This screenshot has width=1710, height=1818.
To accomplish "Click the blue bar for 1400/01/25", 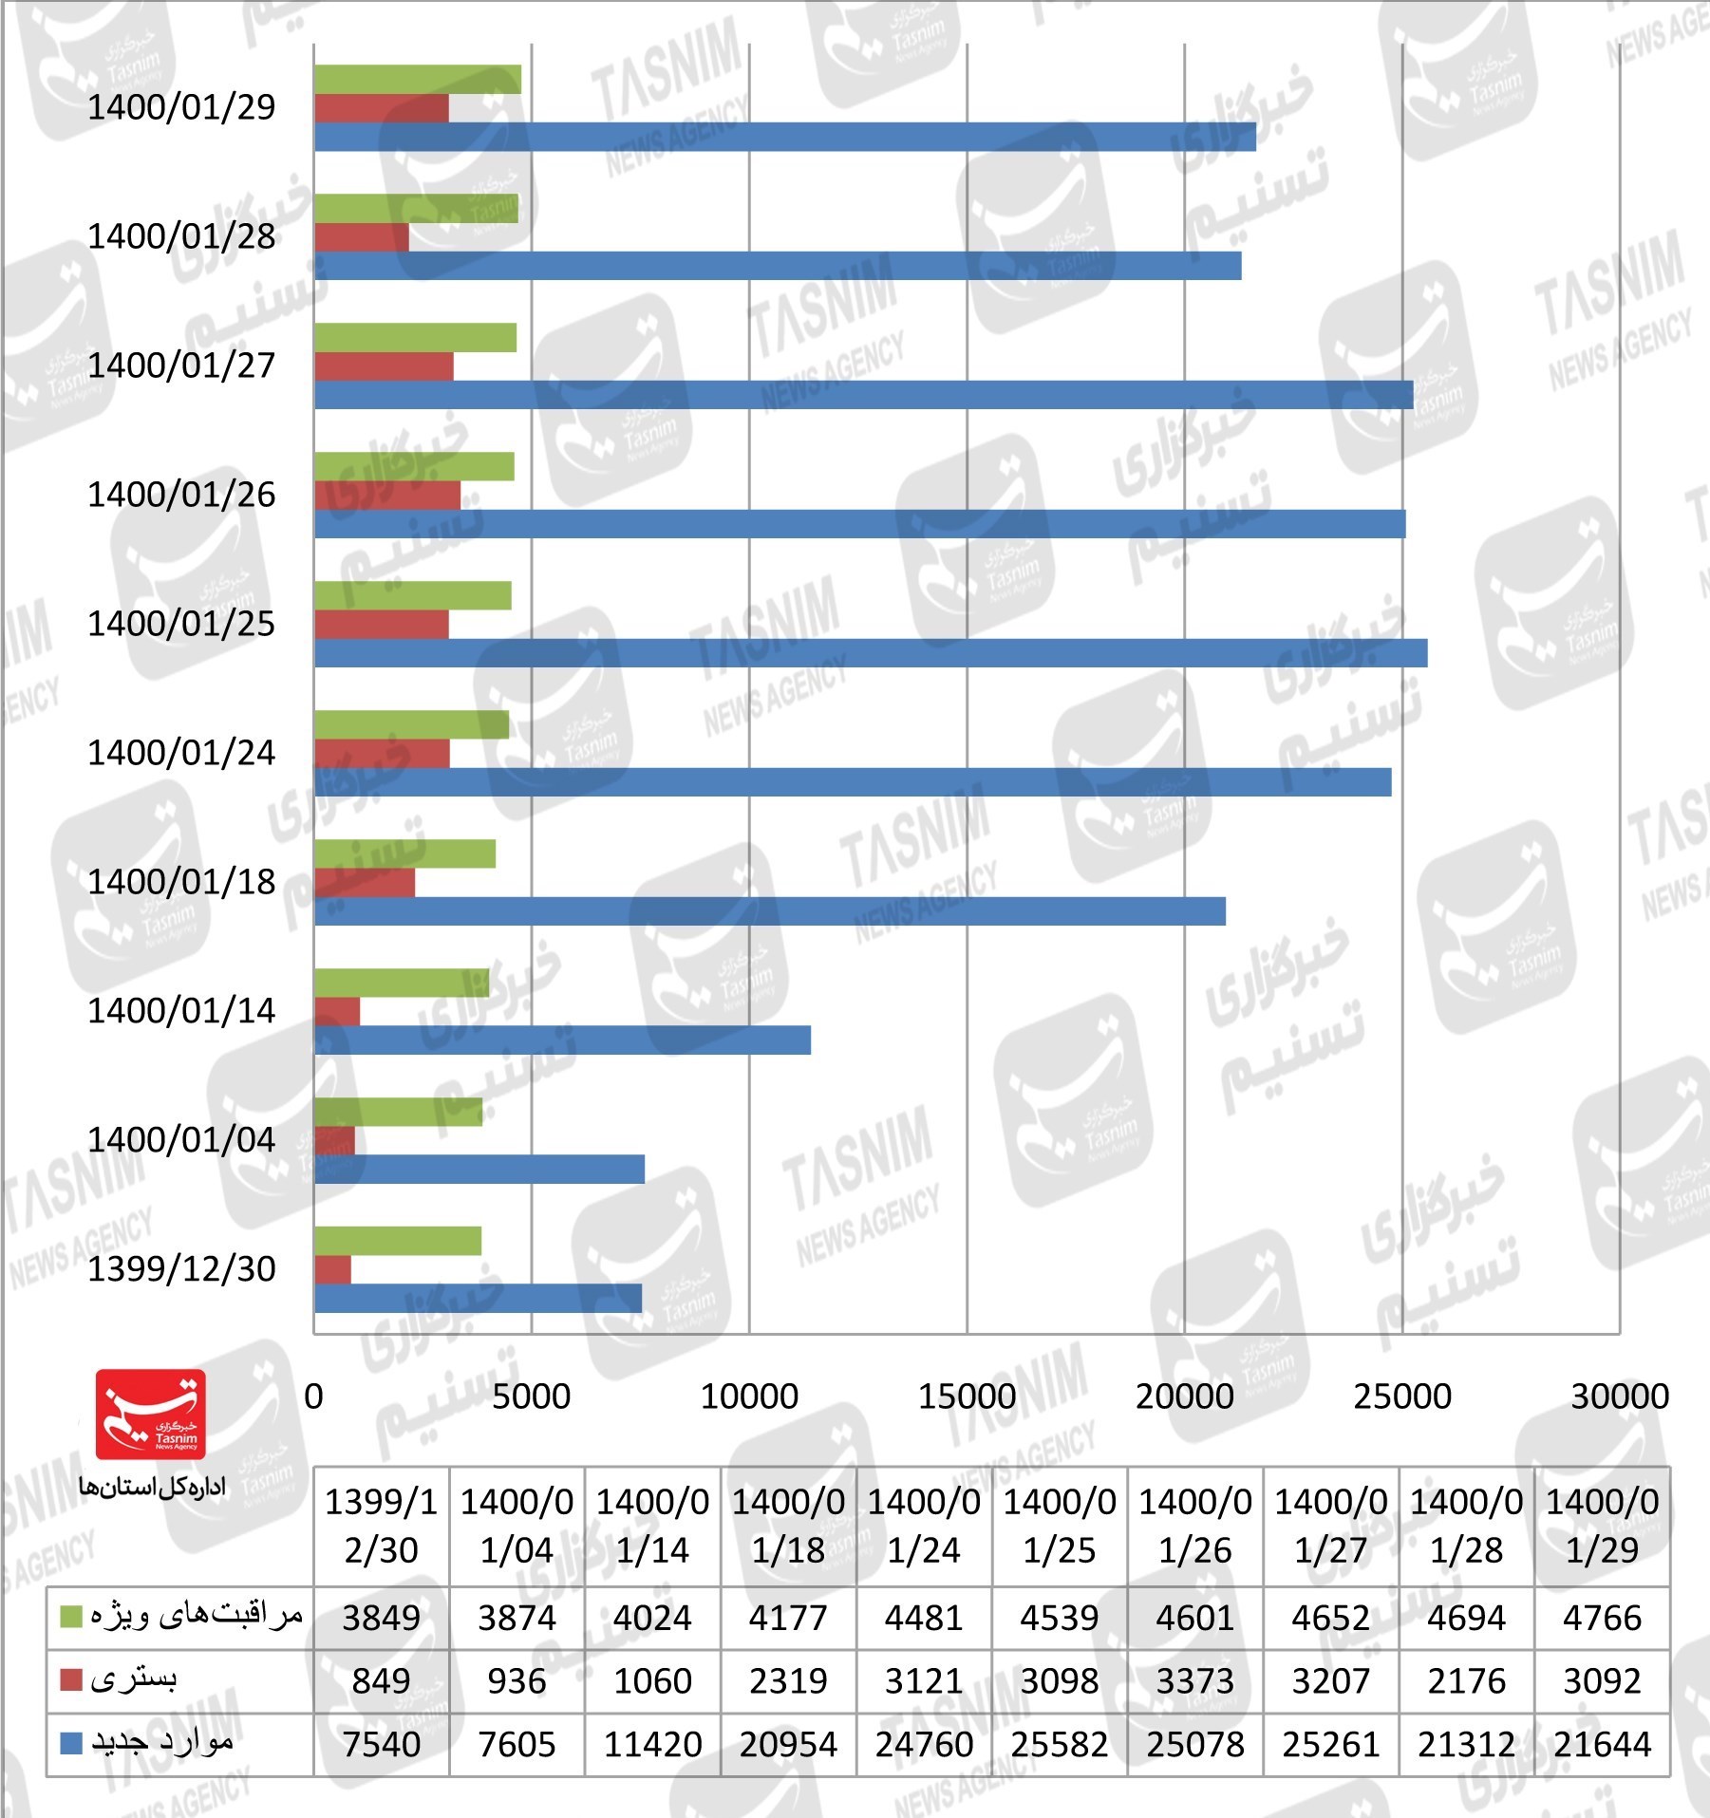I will (870, 653).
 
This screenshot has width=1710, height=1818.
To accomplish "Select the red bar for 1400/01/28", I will (362, 237).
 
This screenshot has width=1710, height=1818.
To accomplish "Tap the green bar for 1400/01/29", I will (417, 80).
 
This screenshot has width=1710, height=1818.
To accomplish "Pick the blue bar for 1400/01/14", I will (562, 1040).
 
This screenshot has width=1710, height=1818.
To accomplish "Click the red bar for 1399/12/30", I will (332, 1269).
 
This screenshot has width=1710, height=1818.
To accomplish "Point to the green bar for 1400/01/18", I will (404, 853).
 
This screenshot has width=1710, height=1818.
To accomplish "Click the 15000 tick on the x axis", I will (967, 1396).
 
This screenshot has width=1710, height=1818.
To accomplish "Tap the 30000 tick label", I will (1619, 1396).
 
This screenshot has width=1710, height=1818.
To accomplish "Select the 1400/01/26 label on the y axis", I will (181, 495).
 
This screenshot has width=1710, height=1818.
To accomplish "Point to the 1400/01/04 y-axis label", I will (181, 1139).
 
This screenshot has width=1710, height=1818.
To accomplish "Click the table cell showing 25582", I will (1059, 1744).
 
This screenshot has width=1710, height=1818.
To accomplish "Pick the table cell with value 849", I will (381, 1680).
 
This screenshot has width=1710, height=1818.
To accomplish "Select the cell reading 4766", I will (1602, 1617).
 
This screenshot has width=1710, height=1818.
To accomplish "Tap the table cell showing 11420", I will (652, 1744).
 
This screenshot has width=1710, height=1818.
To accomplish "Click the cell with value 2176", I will (1466, 1680).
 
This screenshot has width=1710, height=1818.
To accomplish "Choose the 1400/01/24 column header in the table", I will (924, 1526).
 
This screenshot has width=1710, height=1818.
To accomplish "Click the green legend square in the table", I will (71, 1616).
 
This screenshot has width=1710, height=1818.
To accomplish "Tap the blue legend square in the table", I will (71, 1743).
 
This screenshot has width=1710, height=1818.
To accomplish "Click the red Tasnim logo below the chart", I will (150, 1414).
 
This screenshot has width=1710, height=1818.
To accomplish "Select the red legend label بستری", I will (134, 1679).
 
